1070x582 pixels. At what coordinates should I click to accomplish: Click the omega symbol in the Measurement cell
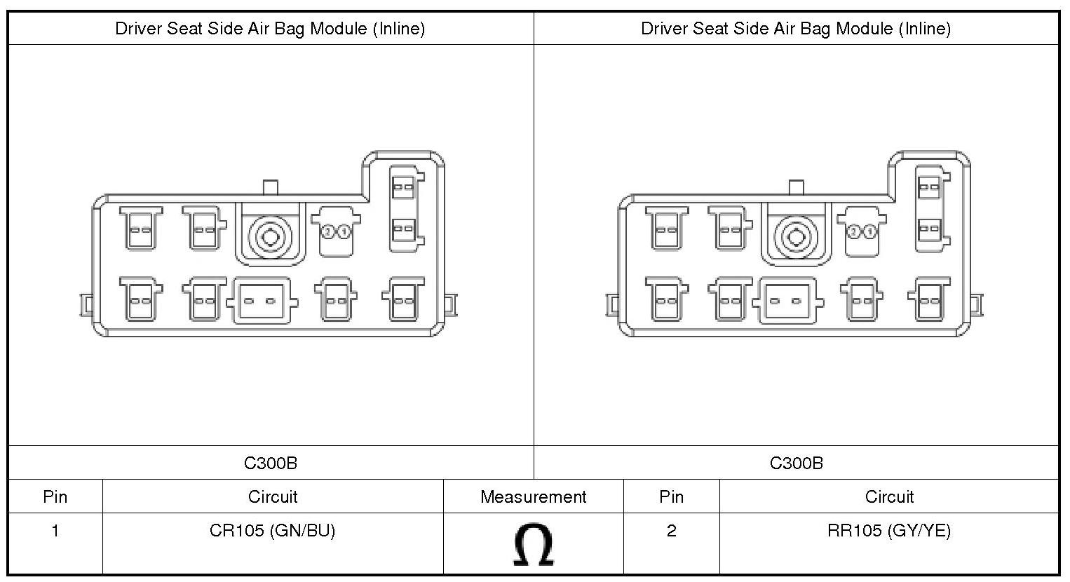coord(534,544)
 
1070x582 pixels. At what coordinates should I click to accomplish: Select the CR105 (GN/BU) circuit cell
coord(272,531)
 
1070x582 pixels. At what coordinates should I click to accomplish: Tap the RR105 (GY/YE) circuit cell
coord(888,531)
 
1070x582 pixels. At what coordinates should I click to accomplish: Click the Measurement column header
coord(533,497)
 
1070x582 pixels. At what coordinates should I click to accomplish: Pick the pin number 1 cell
coord(55,531)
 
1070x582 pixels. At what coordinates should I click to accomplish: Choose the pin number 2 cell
coord(671,531)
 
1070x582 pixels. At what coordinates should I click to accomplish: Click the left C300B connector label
coord(270,463)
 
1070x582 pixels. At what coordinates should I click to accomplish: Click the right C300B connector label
coord(796,463)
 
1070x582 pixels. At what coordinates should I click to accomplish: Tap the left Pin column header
coord(55,497)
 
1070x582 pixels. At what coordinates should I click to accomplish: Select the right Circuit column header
coord(888,497)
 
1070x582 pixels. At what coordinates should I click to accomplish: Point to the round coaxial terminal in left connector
coord(270,236)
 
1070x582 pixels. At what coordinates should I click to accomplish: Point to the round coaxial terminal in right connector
coord(796,236)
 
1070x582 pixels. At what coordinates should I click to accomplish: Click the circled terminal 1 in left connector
coord(345,231)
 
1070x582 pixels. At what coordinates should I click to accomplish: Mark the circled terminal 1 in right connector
coord(870,231)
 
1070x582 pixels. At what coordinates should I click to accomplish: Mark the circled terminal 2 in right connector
coord(853,231)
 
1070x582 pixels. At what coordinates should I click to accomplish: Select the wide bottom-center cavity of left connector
coord(262,302)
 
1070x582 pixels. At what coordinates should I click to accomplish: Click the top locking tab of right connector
coord(796,187)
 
